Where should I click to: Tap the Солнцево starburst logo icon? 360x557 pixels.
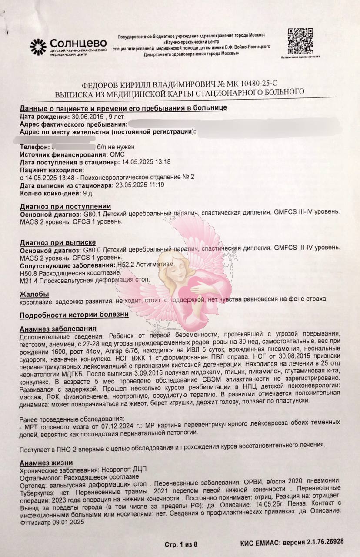(x=38, y=47)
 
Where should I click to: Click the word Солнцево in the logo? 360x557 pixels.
(x=78, y=43)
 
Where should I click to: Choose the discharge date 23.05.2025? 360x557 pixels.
(x=126, y=185)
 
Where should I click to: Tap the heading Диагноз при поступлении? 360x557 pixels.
(x=66, y=206)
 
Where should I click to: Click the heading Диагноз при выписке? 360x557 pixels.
(x=58, y=242)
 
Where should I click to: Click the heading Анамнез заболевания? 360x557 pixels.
(x=58, y=329)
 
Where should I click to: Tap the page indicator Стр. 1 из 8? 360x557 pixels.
(x=181, y=544)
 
